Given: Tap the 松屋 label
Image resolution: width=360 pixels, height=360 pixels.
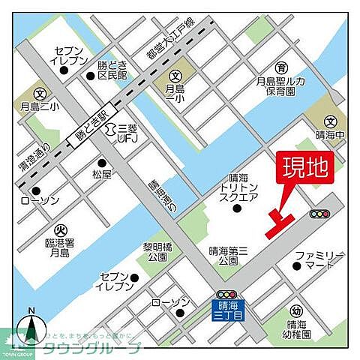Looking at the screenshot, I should [102, 174].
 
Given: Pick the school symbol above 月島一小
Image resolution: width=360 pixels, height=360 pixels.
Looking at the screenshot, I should [175, 75].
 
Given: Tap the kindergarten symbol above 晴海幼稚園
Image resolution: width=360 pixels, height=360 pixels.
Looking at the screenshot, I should [296, 309].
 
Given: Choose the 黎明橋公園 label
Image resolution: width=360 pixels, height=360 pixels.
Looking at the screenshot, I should [157, 250].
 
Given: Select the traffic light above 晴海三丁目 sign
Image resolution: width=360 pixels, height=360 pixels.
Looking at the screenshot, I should [226, 293].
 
